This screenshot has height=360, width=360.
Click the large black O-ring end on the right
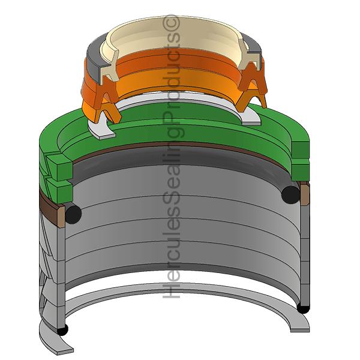[290, 193]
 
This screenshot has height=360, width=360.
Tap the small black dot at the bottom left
[62, 329]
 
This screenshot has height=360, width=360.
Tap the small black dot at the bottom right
[304, 309]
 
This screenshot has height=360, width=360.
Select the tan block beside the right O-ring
[304, 193]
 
